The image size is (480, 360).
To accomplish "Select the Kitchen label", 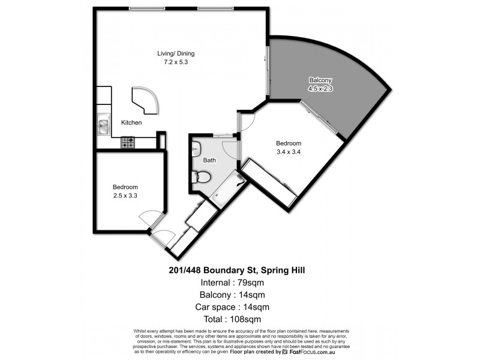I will pyautogui.click(x=131, y=122).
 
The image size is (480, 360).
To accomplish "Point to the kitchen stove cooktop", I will pyautogui.click(x=128, y=143).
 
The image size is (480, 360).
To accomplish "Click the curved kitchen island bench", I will pyautogui.click(x=145, y=100).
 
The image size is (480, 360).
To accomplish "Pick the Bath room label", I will pyautogui.click(x=209, y=160).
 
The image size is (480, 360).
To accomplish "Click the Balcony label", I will pyautogui.click(x=320, y=80).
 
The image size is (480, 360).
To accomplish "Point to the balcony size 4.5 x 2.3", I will pyautogui.click(x=320, y=88).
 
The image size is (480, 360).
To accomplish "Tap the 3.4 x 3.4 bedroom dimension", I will pyautogui.click(x=288, y=152).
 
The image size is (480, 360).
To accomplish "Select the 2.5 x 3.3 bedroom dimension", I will pyautogui.click(x=125, y=195).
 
